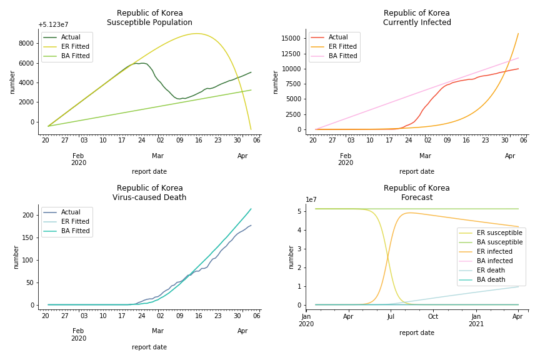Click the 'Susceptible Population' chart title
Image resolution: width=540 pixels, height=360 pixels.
point(149,22)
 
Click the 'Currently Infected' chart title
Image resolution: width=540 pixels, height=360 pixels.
point(417,22)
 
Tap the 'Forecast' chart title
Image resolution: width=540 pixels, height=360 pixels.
point(417,197)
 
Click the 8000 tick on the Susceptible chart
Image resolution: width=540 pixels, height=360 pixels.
point(26,43)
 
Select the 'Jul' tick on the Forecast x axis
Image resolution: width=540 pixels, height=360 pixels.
point(391,316)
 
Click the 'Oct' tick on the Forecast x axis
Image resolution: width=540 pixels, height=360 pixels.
point(433,316)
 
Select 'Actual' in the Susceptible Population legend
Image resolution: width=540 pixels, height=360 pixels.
point(71,37)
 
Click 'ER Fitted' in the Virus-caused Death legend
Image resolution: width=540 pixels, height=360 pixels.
point(76,222)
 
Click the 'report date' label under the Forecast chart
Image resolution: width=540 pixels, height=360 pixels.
point(417,333)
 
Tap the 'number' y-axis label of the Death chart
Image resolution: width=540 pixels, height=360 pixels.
point(17,257)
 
